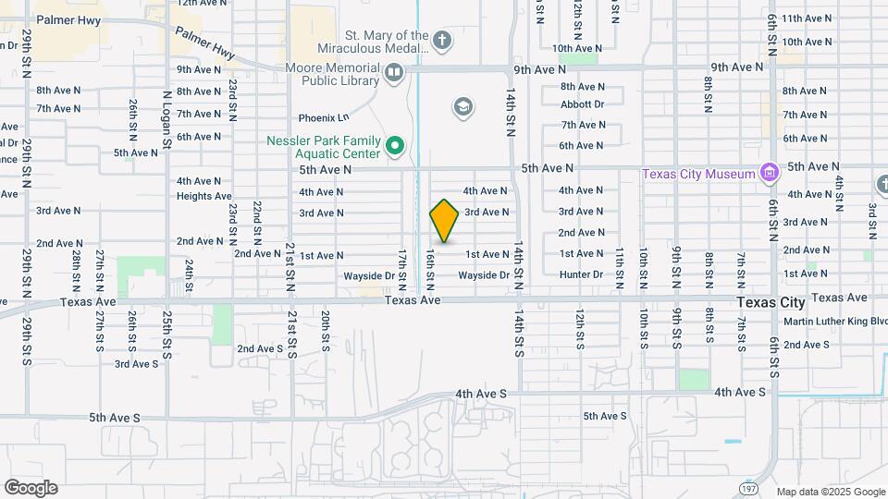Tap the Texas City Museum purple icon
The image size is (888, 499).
(768, 173)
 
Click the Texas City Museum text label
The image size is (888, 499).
(700, 174)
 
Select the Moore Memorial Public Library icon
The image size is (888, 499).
(394, 71)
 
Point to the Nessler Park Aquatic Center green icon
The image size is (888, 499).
(395, 145)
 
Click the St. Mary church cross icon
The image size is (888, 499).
(442, 40)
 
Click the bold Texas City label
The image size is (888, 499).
(771, 302)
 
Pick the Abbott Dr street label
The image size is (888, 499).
(582, 104)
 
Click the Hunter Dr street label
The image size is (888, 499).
(581, 274)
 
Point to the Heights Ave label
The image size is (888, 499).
(204, 196)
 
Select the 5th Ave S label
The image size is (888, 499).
(115, 418)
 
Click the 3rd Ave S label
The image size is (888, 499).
(136, 364)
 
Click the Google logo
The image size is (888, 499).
(31, 488)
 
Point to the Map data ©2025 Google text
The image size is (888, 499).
(830, 492)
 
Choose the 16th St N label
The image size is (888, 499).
(430, 266)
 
